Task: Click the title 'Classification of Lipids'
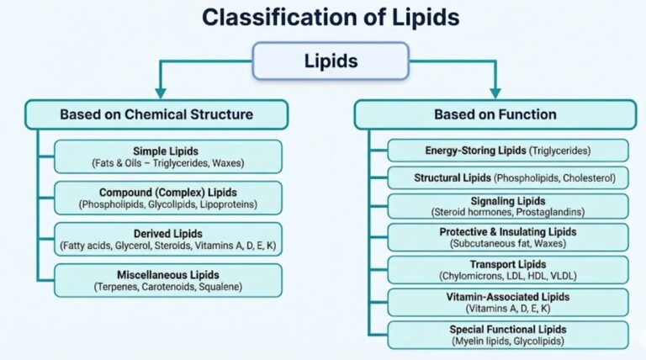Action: coord(323,16)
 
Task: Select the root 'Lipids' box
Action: coord(323,61)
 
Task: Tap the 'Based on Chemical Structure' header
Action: coord(156,114)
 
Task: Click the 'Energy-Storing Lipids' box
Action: coord(507,151)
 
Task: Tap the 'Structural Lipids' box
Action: coord(507,178)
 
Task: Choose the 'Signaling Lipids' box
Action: coord(507,206)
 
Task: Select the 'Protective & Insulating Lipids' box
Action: coord(507,238)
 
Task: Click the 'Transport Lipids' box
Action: coord(507,269)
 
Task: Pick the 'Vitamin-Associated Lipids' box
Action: coord(507,302)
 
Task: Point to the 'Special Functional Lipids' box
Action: coord(507,335)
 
